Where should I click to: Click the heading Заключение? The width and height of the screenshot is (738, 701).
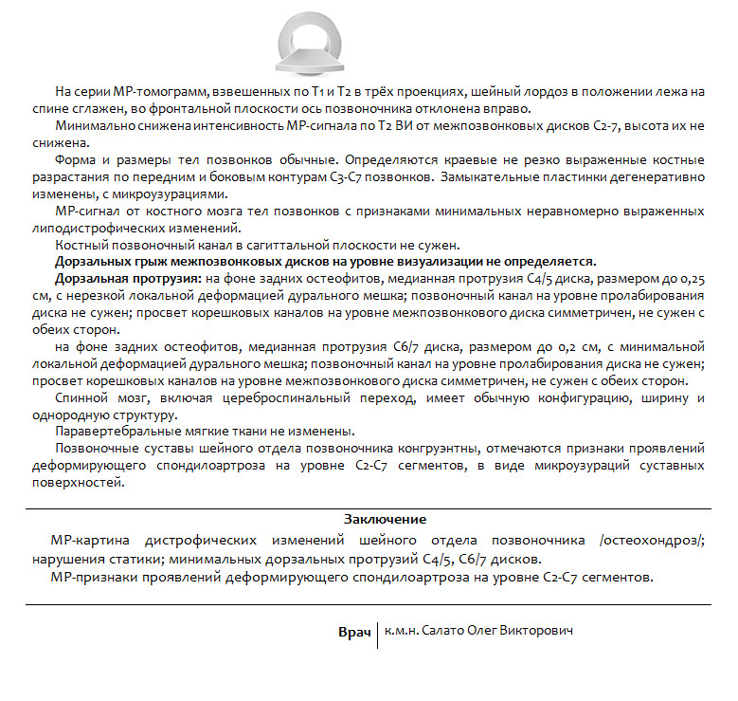(x=385, y=519)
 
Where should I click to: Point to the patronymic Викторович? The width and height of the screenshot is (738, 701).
(x=539, y=631)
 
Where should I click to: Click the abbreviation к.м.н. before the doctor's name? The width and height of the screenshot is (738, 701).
(x=402, y=631)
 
